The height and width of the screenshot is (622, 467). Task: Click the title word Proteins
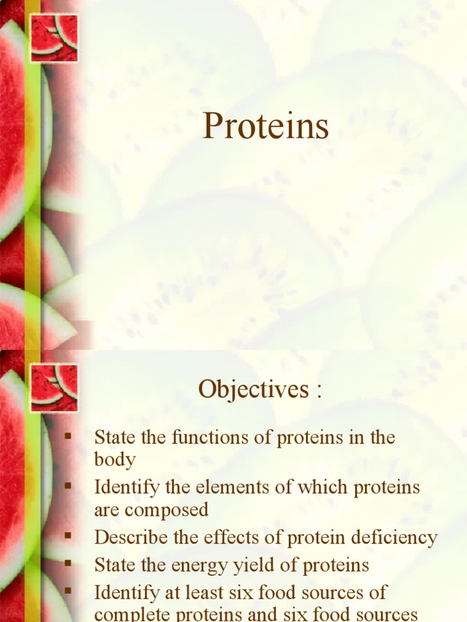point(266,127)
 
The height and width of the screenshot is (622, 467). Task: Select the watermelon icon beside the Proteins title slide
point(54,38)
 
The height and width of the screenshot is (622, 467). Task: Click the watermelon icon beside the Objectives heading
point(54,388)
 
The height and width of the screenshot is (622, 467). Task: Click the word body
point(114,460)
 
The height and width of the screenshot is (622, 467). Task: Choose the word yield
point(252,566)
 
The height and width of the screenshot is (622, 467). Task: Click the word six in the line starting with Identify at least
point(239,592)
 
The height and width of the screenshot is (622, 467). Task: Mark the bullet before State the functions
point(67,436)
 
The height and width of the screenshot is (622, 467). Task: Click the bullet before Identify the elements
point(67,485)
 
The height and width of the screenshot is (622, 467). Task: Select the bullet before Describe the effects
point(67,536)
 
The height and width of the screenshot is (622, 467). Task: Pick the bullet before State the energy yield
point(67,563)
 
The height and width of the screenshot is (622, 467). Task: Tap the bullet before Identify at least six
point(67,590)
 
